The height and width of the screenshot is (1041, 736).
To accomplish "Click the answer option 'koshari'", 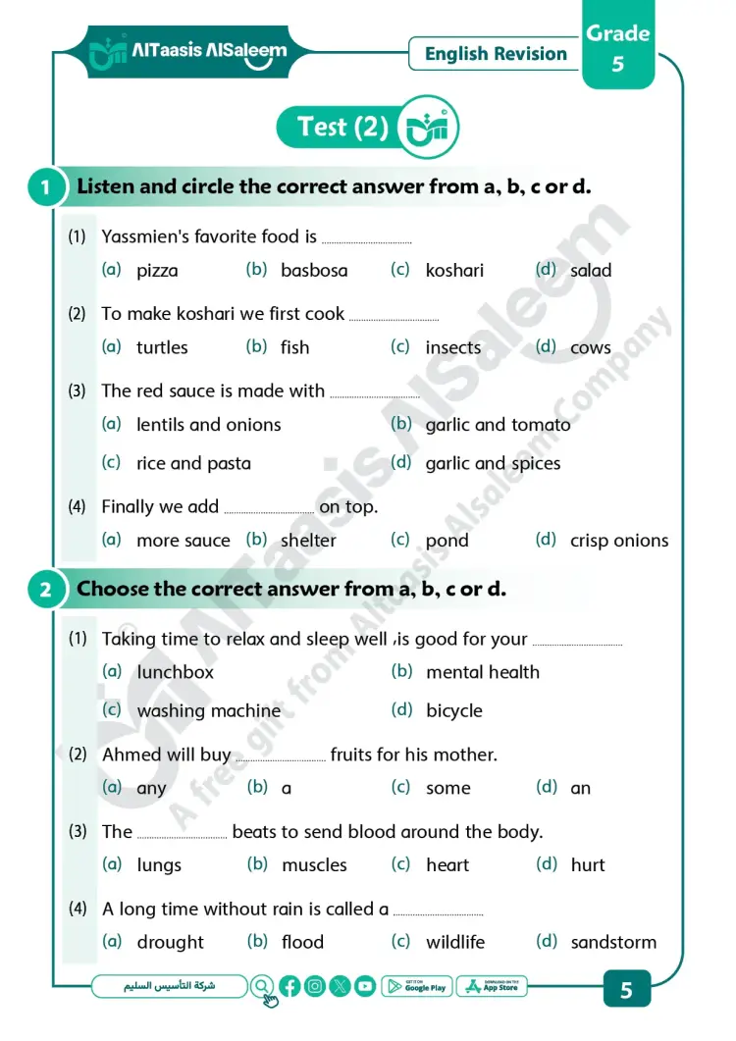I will point(454,271).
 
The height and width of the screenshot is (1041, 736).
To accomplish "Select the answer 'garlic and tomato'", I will point(498,425).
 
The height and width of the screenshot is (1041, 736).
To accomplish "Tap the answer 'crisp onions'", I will point(619,541).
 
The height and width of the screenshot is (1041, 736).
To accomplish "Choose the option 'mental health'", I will point(483,672).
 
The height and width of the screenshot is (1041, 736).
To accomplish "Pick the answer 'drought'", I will point(171,942).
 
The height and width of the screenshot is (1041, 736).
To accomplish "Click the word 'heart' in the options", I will point(447,865).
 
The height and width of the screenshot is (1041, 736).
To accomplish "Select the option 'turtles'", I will point(162,347).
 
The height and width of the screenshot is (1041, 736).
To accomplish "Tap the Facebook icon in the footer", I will point(289,987).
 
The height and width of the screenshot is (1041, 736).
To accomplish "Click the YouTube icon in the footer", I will point(365,987).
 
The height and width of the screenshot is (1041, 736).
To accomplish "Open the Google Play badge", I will point(417,987).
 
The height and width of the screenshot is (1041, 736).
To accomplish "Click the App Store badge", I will point(493,987).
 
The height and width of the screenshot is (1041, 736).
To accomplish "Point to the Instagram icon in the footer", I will point(315,987).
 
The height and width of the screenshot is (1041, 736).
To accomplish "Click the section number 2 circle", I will point(46,591).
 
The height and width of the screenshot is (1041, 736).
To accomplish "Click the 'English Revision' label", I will point(496,54).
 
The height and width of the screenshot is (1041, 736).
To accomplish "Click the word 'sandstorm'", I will point(613,942).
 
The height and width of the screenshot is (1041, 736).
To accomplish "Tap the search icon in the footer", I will point(263,987).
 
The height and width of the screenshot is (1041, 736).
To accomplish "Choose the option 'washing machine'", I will point(208,711).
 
